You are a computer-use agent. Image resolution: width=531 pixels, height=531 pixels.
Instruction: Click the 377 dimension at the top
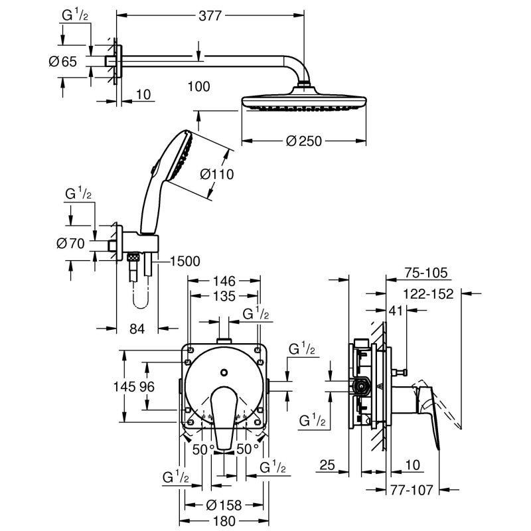(x=209, y=15)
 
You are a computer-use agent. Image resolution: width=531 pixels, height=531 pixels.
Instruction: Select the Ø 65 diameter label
(x=63, y=62)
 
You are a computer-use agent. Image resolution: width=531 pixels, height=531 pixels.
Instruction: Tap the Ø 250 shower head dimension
(x=306, y=141)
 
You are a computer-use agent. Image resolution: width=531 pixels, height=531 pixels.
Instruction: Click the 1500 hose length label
(x=185, y=262)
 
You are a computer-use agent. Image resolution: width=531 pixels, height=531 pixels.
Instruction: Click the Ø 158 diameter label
(x=224, y=505)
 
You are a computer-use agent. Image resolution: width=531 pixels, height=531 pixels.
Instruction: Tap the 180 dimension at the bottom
(x=224, y=521)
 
